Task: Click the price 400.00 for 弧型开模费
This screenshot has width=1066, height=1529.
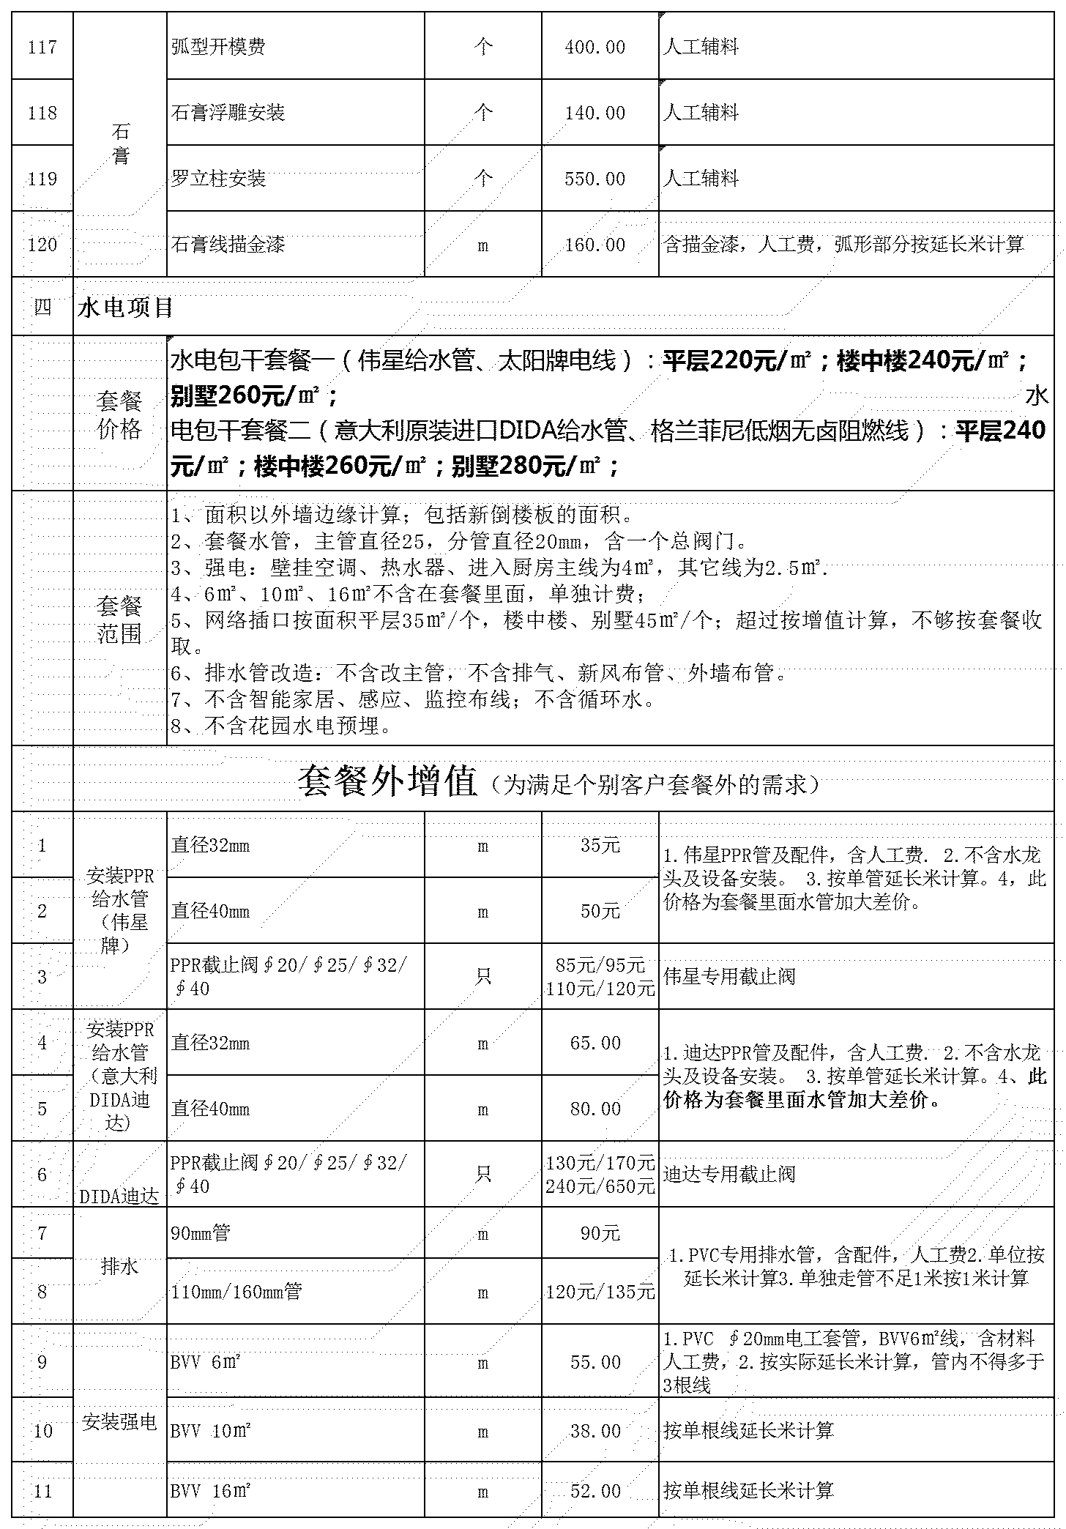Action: (x=594, y=48)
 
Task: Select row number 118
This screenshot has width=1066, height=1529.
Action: (x=42, y=113)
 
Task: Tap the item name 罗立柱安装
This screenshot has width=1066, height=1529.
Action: (x=218, y=179)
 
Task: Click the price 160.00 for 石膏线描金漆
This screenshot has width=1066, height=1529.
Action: (x=594, y=245)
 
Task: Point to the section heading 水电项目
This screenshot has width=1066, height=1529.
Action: (x=125, y=308)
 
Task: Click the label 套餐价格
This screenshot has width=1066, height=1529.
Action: (x=119, y=414)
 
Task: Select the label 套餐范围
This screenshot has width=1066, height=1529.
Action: (x=119, y=620)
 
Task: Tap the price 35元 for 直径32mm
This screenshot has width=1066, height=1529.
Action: (x=600, y=846)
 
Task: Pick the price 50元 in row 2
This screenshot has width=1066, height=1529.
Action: (x=600, y=912)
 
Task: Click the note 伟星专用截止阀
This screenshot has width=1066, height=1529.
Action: (x=729, y=977)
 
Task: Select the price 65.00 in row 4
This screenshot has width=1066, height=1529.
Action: (x=595, y=1043)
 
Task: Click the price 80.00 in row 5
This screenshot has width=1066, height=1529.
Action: (x=595, y=1109)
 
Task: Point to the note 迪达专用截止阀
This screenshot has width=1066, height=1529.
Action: (x=729, y=1175)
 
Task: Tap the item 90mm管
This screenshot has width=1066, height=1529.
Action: (x=201, y=1233)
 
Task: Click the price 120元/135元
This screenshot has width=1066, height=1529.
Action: (x=600, y=1292)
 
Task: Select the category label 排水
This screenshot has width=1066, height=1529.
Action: (x=119, y=1266)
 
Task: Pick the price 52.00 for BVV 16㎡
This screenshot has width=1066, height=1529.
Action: (x=595, y=1490)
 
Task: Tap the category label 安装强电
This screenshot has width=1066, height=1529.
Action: (x=119, y=1422)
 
